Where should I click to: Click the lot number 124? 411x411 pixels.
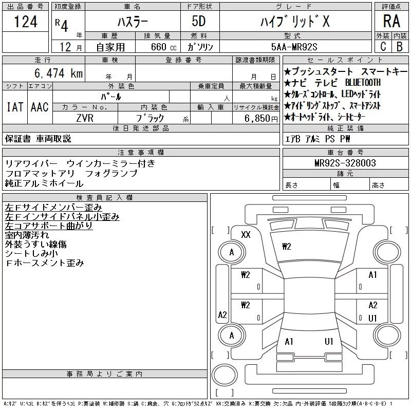point(26,22)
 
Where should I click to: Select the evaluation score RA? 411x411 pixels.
point(391,22)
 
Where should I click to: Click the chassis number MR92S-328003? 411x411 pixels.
point(345,163)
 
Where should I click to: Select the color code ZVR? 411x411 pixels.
point(84,118)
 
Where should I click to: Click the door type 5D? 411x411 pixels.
point(198,22)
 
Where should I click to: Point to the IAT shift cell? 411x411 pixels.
point(14,107)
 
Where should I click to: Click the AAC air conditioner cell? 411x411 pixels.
point(40,107)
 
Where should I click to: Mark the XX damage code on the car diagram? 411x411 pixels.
point(246,235)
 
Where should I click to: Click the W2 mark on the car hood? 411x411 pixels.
point(287,247)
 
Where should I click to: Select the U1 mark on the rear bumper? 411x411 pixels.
point(329,342)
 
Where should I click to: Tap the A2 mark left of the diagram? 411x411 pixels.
point(222,315)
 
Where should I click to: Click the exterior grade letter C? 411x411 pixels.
point(383,46)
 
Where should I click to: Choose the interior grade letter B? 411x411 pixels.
point(400,46)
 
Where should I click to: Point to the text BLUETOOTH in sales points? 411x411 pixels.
point(362,82)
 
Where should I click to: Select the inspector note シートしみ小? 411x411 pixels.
point(31,254)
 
